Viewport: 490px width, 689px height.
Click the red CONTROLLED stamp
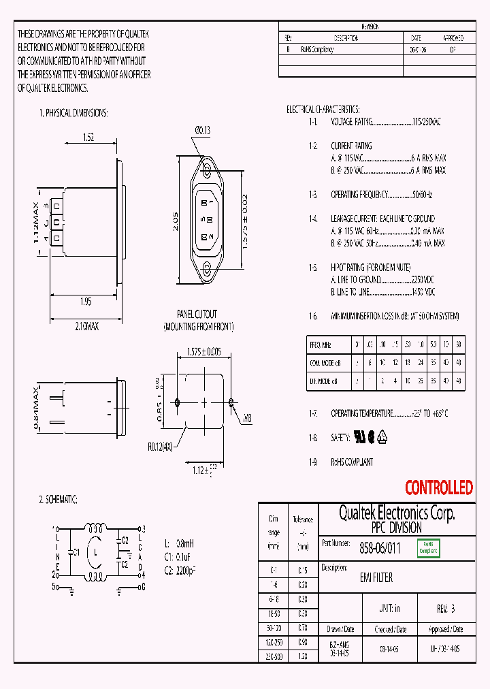point(438,487)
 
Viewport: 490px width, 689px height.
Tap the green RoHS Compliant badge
point(428,547)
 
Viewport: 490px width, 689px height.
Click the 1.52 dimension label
point(88,138)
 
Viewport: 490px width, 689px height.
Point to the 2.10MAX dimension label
point(86,327)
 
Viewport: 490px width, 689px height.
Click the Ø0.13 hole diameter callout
point(202,129)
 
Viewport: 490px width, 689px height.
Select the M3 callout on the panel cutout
point(247,419)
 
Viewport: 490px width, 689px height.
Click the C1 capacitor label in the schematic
point(76,552)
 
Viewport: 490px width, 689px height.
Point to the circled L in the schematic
point(96,551)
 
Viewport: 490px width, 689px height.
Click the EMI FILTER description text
point(376,578)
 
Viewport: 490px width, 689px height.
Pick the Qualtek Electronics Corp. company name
point(397,513)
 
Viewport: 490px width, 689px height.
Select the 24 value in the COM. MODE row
point(421,363)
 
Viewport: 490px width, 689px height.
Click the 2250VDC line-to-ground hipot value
point(423,280)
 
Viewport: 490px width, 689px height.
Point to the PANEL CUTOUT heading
point(197,315)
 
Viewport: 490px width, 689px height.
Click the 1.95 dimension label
point(85,302)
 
